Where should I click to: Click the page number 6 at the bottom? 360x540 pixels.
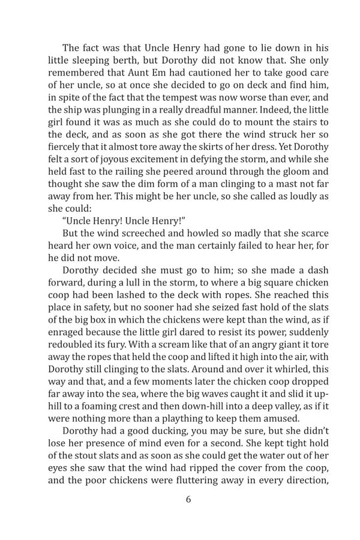[x=180, y=514]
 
